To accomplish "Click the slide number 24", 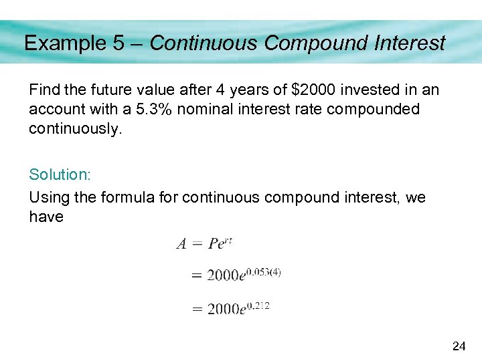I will pyautogui.click(x=459, y=346).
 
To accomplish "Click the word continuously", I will pyautogui.click(x=76, y=129).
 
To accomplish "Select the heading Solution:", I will pyautogui.click(x=60, y=174).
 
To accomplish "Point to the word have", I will pyautogui.click(x=46, y=217).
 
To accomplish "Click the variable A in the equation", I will pyautogui.click(x=181, y=244).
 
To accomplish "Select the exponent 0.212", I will pyautogui.click(x=257, y=304).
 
